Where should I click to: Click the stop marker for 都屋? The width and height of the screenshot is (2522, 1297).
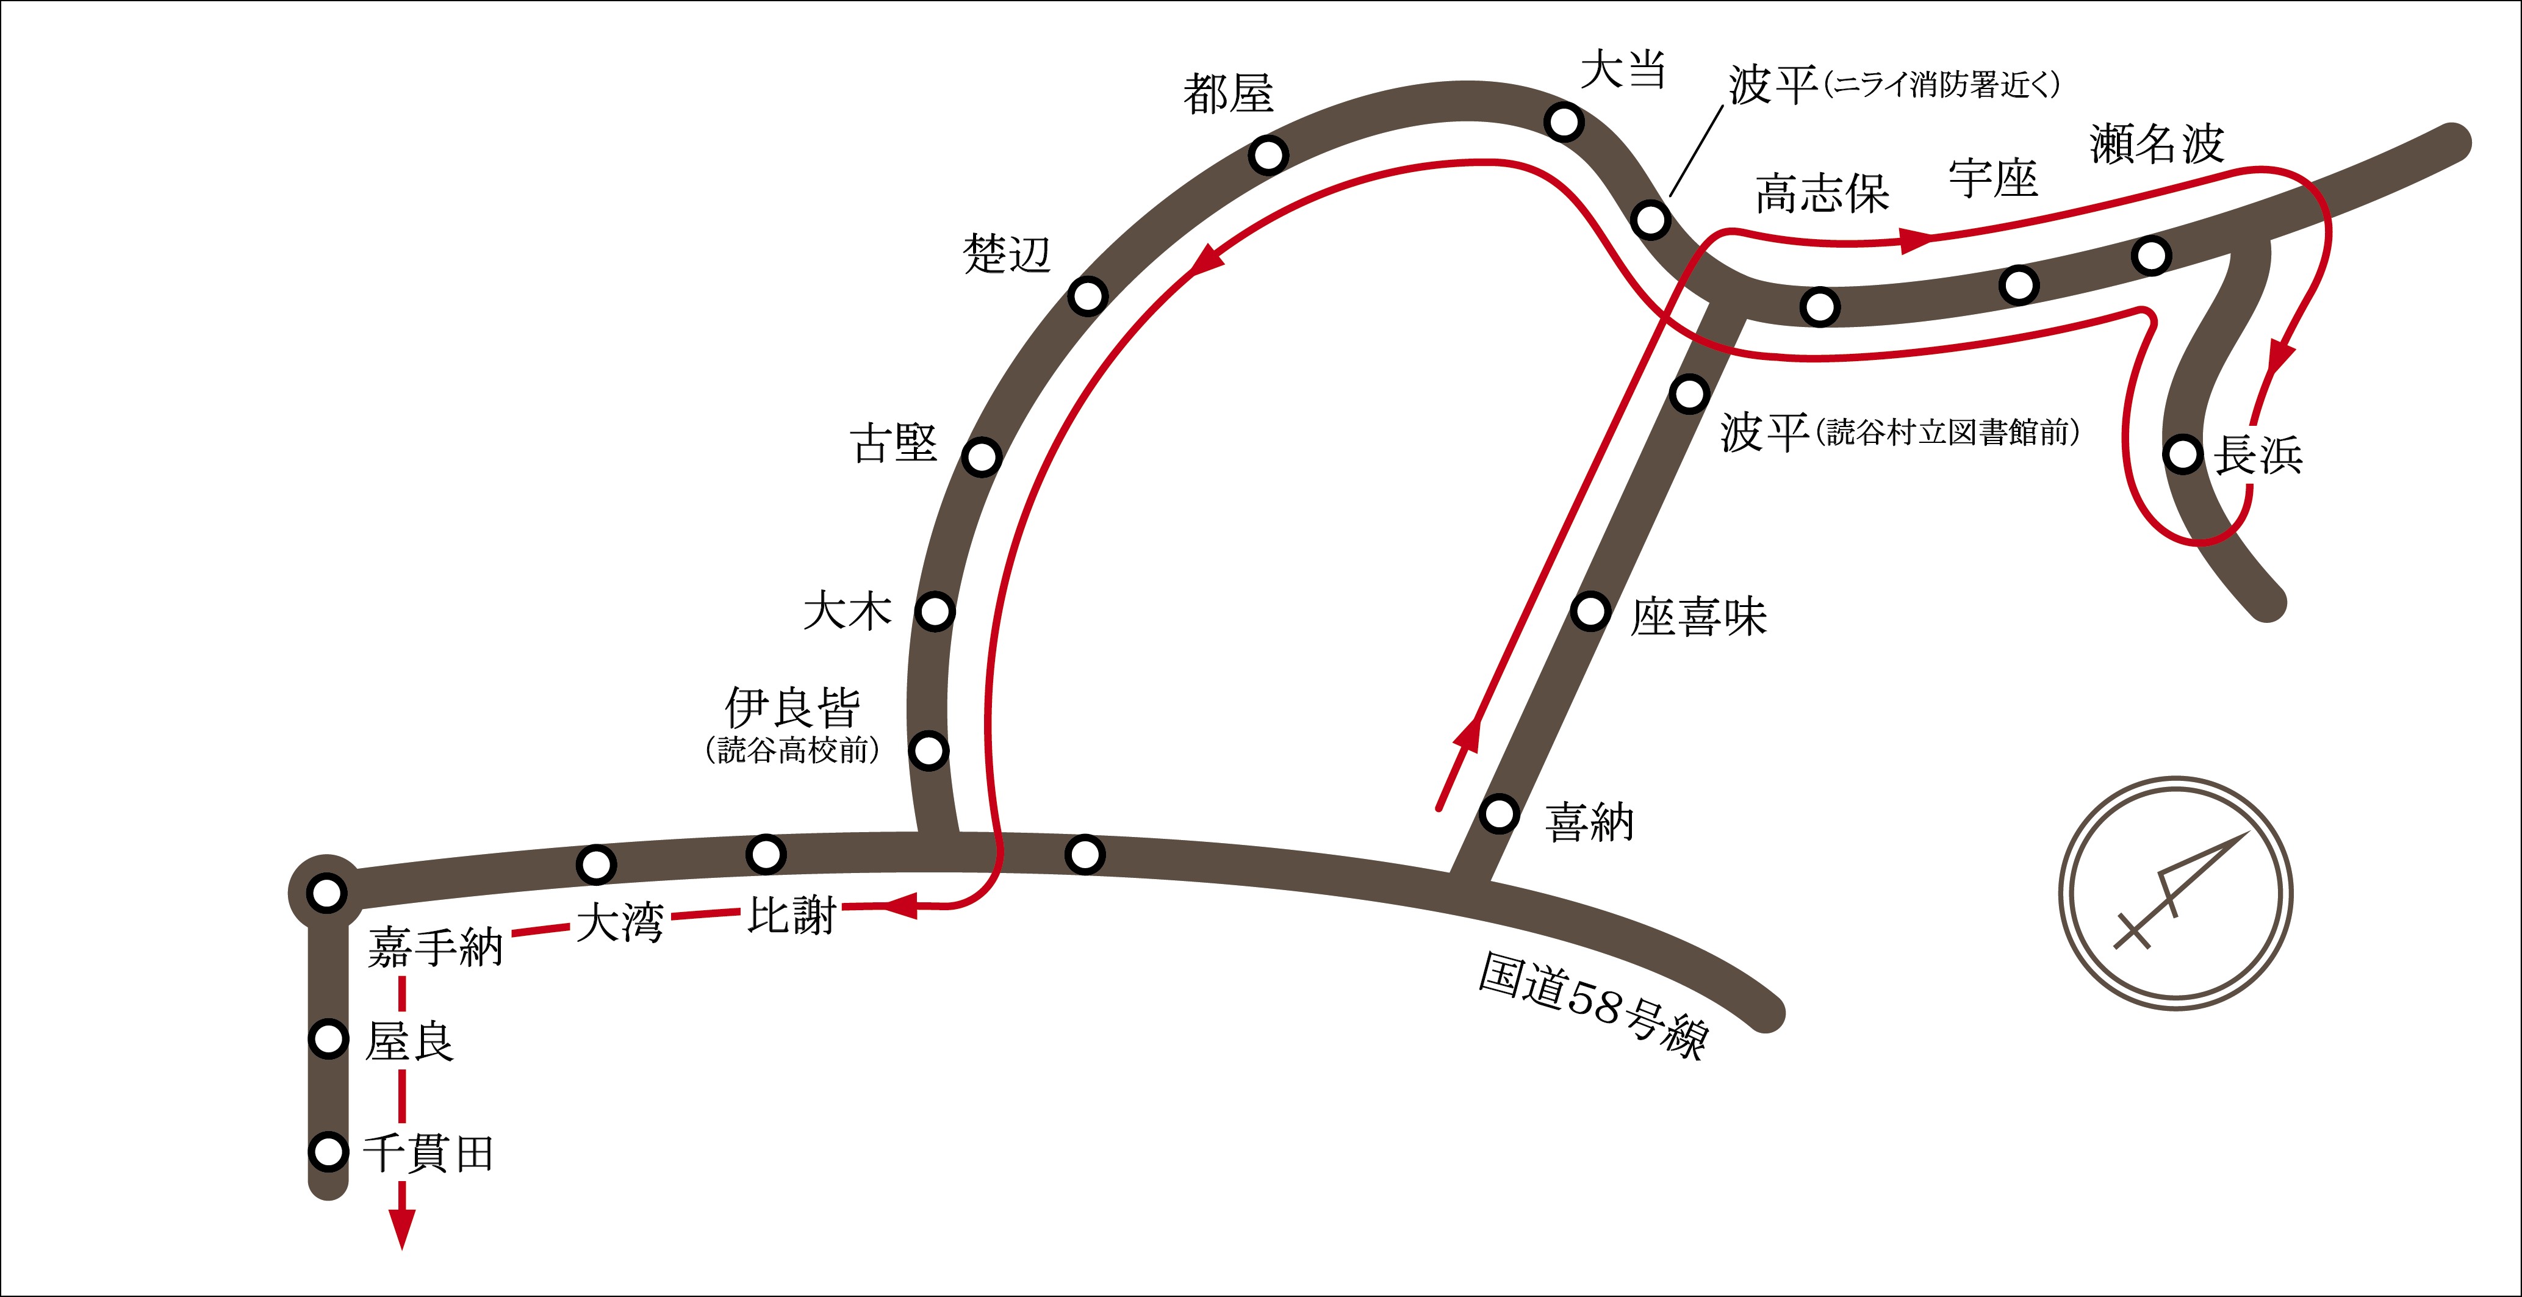1268,155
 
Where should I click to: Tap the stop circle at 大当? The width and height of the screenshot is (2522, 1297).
1564,123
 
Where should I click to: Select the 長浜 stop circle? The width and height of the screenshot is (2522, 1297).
2183,454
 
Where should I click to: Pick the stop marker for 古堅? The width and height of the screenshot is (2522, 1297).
981,456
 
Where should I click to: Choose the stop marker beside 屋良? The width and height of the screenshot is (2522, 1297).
328,1038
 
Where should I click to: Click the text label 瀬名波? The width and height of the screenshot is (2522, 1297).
2157,145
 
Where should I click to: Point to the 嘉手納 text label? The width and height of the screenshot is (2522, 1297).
436,947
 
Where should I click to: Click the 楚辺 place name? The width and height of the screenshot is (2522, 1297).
1007,254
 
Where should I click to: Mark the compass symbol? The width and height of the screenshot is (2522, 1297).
2175,893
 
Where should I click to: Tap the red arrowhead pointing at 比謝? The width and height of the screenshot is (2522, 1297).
899,905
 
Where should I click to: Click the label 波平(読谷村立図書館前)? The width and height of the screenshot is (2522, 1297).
1899,432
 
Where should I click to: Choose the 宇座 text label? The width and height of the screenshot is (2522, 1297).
1993,179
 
